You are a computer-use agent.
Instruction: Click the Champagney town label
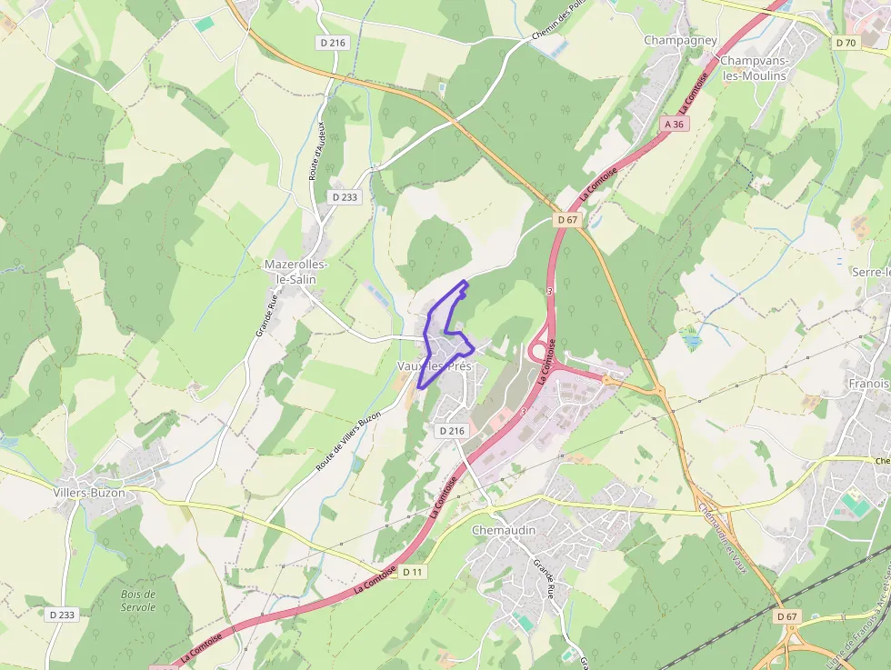pyautogui.click(x=680, y=40)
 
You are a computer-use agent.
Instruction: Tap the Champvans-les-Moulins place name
pyautogui.click(x=753, y=68)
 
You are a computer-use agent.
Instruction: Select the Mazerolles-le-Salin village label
pyautogui.click(x=290, y=272)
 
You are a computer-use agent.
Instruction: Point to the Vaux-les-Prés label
pyautogui.click(x=434, y=365)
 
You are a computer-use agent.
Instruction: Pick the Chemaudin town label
pyautogui.click(x=504, y=530)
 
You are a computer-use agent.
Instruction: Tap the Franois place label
pyautogui.click(x=868, y=385)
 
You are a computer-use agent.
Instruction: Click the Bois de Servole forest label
pyautogui.click(x=138, y=601)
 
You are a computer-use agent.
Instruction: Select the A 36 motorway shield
pyautogui.click(x=673, y=124)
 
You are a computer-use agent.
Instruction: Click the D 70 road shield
pyautogui.click(x=846, y=43)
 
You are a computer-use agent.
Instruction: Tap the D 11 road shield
pyautogui.click(x=413, y=572)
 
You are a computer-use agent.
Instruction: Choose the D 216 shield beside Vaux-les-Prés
pyautogui.click(x=451, y=431)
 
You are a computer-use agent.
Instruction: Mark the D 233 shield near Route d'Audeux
pyautogui.click(x=345, y=196)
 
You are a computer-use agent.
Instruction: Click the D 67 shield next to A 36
pyautogui.click(x=567, y=220)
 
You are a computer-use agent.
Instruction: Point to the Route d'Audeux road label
pyautogui.click(x=316, y=151)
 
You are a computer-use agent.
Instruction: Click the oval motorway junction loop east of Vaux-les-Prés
pyautogui.click(x=540, y=349)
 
